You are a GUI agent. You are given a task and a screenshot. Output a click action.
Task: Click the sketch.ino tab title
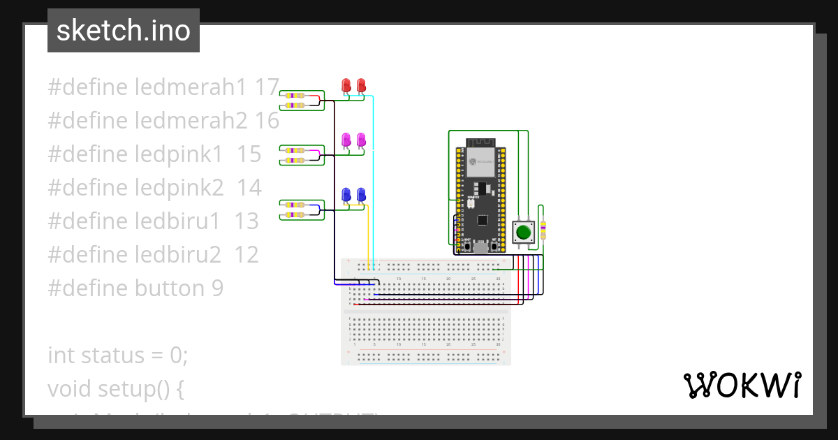(123, 31)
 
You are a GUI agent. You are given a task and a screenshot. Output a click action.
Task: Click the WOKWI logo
(742, 386)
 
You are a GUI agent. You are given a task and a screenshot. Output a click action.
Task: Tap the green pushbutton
(523, 231)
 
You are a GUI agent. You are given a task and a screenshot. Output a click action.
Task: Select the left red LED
(346, 85)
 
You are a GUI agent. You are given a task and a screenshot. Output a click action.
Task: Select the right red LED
(361, 85)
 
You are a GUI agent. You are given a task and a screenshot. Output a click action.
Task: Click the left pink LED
(346, 140)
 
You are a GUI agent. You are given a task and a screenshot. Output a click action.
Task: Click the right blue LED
(361, 194)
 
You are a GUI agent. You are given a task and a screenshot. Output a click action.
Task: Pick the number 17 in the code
(267, 87)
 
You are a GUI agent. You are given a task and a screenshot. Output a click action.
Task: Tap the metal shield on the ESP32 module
(480, 165)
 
